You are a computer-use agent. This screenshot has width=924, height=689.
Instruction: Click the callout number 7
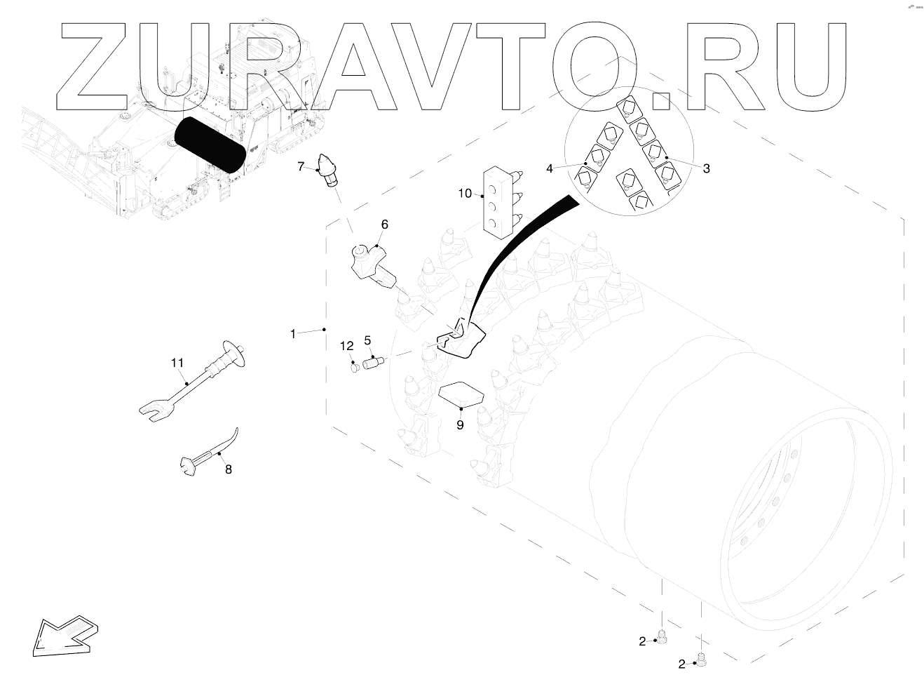[x=300, y=166]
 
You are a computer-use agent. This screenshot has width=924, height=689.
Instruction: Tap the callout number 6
[x=384, y=225]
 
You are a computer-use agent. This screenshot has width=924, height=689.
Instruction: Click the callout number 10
[x=465, y=193]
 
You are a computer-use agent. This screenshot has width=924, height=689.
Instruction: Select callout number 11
[x=177, y=362]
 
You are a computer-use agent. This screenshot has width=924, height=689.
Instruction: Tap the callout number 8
[x=228, y=469]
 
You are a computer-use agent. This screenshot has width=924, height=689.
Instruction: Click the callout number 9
[x=460, y=424]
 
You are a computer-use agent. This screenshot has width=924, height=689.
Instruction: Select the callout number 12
[x=347, y=345]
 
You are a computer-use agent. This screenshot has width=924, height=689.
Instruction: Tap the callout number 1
[x=293, y=334]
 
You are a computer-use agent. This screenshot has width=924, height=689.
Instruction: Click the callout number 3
[x=706, y=168]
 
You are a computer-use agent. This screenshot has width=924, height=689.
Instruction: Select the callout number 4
[x=550, y=168]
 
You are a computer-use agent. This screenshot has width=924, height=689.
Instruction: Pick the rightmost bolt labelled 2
[x=702, y=659]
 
